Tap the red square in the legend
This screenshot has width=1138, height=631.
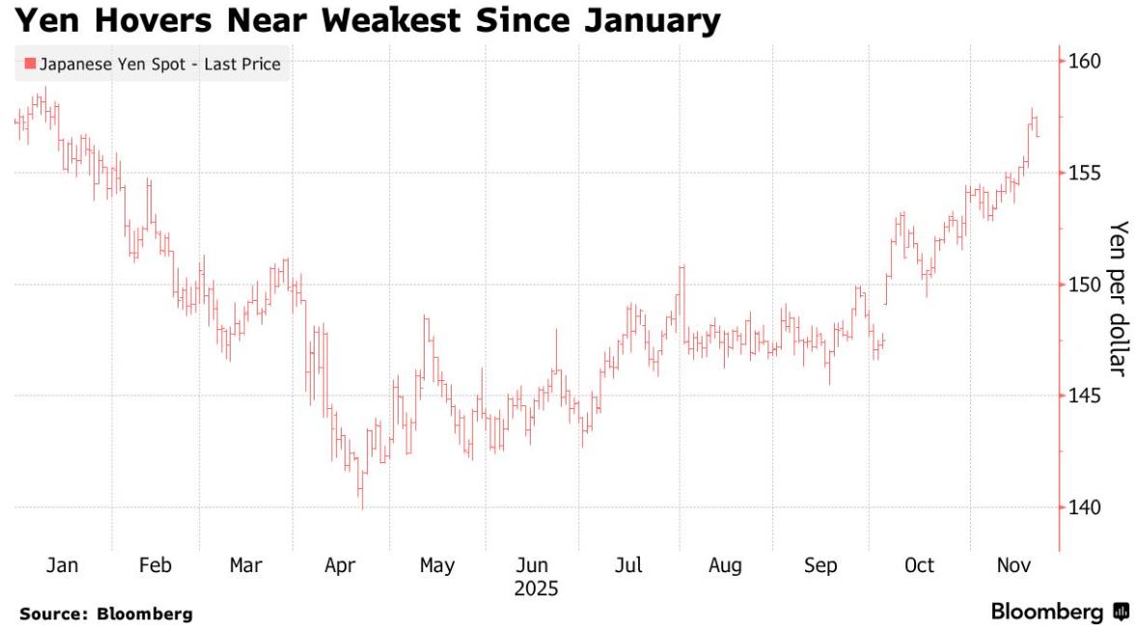coord(30,65)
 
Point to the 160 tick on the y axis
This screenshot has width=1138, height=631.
coord(1086,62)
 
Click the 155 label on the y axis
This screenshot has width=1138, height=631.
coord(1086,173)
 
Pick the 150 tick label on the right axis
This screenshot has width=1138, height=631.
coord(1086,285)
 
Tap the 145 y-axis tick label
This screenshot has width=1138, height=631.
coord(1086,396)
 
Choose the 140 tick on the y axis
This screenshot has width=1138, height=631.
coord(1086,508)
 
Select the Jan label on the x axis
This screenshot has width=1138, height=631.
coord(63,565)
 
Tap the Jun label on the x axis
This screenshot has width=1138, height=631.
coord(533,565)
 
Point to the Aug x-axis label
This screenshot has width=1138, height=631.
coord(725,565)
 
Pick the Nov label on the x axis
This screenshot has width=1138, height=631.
coord(1013,565)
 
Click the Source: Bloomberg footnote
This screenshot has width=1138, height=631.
coord(106,614)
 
